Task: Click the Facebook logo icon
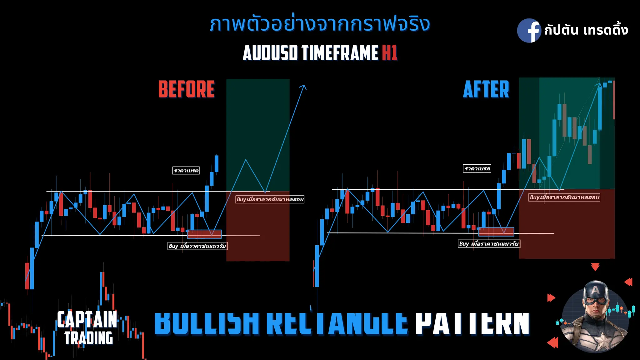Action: pyautogui.click(x=529, y=31)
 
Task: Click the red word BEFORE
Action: pyautogui.click(x=187, y=89)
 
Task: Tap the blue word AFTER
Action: pyautogui.click(x=486, y=89)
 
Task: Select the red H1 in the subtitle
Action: pyautogui.click(x=389, y=52)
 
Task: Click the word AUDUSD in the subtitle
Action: pyautogui.click(x=270, y=52)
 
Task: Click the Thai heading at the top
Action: pyautogui.click(x=319, y=24)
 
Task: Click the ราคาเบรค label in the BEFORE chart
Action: pyautogui.click(x=186, y=171)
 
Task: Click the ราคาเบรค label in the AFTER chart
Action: pyautogui.click(x=477, y=169)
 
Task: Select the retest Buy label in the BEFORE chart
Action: pyautogui.click(x=270, y=199)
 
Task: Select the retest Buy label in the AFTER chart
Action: pyautogui.click(x=564, y=197)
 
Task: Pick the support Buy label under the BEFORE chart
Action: pyautogui.click(x=197, y=246)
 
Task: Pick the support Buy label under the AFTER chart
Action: pyautogui.click(x=489, y=244)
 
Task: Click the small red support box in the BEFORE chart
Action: pyautogui.click(x=204, y=234)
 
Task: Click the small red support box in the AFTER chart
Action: pyautogui.click(x=496, y=232)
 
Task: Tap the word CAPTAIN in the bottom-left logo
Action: pyautogui.click(x=87, y=320)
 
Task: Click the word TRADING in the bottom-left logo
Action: pyautogui.click(x=89, y=338)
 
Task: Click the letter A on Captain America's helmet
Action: pyautogui.click(x=596, y=290)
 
